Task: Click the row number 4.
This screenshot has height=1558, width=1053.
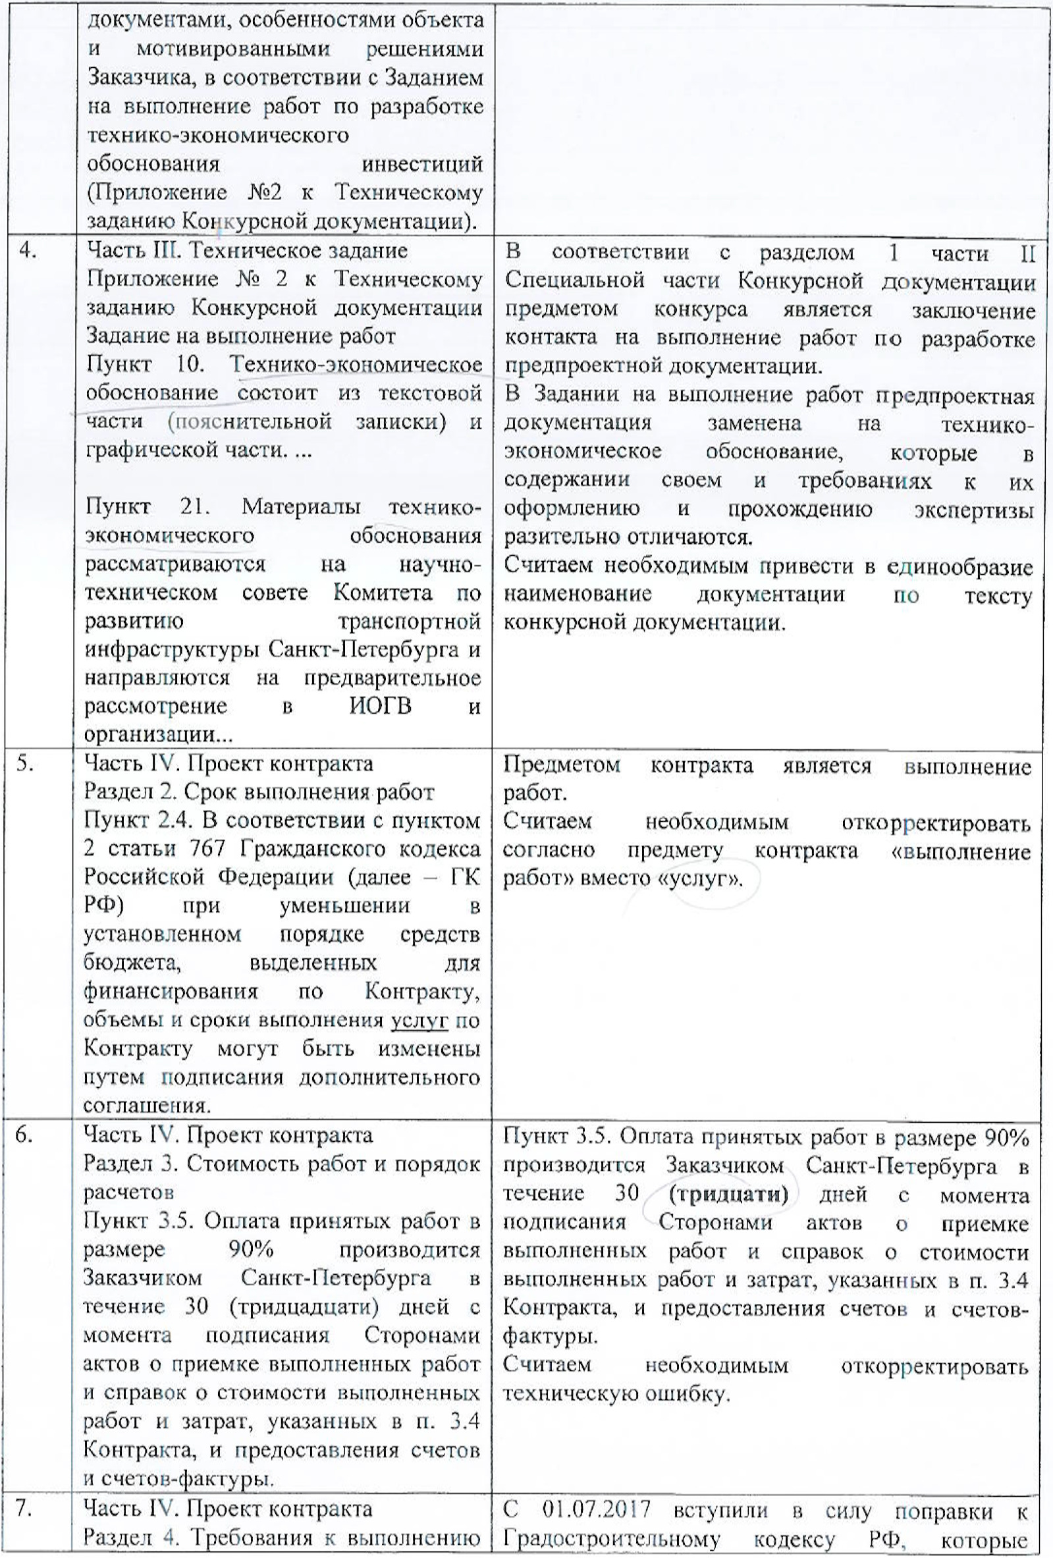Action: pyautogui.click(x=28, y=251)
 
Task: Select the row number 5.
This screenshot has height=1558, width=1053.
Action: pyautogui.click(x=26, y=764)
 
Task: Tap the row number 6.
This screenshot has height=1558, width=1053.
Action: pyautogui.click(x=24, y=1136)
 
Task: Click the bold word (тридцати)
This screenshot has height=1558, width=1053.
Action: pyautogui.click(x=728, y=1195)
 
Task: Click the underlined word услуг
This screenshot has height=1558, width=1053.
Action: pyautogui.click(x=419, y=1021)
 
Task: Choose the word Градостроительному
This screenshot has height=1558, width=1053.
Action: pyautogui.click(x=611, y=1539)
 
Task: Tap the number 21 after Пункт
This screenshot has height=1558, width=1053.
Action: pyautogui.click(x=194, y=507)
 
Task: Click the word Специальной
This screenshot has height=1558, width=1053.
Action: pyautogui.click(x=574, y=281)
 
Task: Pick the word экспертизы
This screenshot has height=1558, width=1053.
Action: pyautogui.click(x=973, y=510)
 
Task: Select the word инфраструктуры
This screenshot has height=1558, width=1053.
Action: pyautogui.click(x=173, y=651)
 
